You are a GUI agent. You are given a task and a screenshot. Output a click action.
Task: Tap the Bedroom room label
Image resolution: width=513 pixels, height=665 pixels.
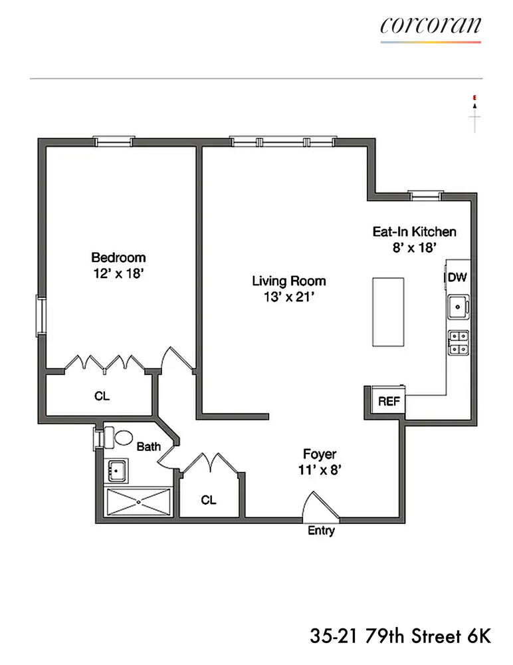click(x=118, y=257)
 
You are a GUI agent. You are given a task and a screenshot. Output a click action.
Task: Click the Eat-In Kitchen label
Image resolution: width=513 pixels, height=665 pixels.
click(x=413, y=232)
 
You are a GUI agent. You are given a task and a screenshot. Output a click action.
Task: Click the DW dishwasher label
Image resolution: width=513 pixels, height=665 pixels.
click(x=457, y=277)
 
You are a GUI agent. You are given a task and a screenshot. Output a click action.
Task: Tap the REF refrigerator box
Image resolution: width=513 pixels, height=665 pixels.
click(x=387, y=402)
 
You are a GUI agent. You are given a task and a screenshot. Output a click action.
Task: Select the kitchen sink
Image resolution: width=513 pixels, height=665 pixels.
click(x=457, y=307)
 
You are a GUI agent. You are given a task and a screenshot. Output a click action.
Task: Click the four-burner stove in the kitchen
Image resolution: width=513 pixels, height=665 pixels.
click(x=457, y=342)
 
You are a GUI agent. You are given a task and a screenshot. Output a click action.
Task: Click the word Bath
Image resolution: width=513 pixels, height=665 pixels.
click(x=148, y=448)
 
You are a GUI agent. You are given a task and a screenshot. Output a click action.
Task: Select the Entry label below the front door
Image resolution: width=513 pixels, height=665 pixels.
click(x=321, y=531)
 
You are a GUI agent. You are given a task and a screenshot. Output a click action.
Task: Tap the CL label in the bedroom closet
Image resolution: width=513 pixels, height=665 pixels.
click(x=102, y=396)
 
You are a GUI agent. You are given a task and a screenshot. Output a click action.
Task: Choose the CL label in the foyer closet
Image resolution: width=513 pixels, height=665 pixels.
click(x=209, y=500)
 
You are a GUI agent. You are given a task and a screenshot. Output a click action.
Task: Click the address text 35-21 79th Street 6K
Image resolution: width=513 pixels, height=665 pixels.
click(x=400, y=636)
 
